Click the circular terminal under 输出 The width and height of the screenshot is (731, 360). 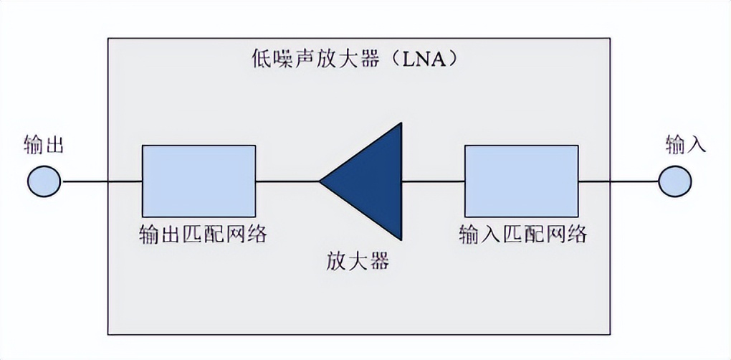click(44, 181)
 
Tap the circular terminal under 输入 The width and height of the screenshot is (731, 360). click(676, 181)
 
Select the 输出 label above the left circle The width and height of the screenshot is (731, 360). click(44, 145)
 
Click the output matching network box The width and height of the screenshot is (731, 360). click(199, 181)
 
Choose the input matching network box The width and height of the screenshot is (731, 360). click(521, 181)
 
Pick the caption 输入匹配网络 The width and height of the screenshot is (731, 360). click(522, 234)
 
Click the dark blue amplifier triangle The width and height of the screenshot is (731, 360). click(373, 181)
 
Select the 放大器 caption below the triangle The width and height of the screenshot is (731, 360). click(356, 260)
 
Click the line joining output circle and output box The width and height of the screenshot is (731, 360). click(102, 181)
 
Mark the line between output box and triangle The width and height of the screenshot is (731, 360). click(287, 181)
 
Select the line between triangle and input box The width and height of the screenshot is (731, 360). click(433, 181)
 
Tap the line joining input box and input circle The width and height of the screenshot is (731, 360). click(618, 181)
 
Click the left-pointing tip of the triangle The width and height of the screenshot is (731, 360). click(322, 181)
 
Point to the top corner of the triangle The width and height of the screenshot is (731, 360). click(400, 125)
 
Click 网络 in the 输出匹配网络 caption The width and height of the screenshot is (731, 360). click(246, 234)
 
